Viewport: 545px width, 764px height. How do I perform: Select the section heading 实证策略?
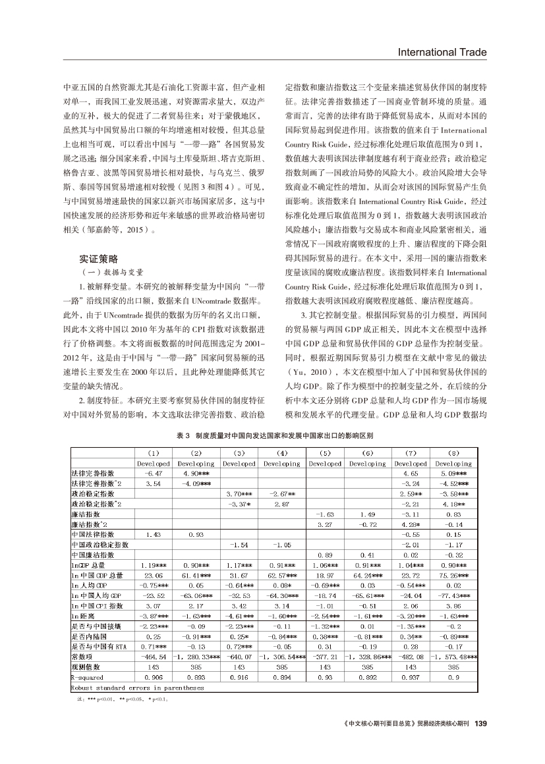98,258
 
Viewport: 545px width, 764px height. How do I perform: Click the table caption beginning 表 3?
275,436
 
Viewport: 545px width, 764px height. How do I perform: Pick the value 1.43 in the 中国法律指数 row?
153,534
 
